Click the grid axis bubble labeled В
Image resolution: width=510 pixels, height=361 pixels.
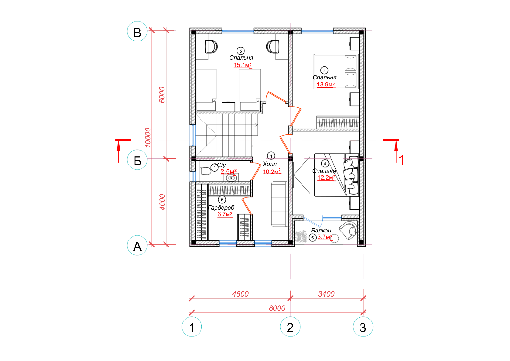coord(137,31)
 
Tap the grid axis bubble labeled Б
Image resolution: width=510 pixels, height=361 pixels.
coord(137,160)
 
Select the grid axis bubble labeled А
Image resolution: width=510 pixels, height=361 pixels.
coord(137,246)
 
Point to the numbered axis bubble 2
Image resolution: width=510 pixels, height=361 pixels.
coord(290,327)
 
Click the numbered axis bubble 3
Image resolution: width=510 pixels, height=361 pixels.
coord(363,327)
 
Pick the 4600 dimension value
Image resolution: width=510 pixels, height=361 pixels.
coord(240,294)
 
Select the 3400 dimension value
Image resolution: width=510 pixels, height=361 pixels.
coord(326,294)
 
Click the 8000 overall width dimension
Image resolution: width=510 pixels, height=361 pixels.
coord(277,308)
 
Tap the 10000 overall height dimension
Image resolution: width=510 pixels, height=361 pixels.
coord(148,137)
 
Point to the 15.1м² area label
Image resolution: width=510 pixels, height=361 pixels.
coord(243,65)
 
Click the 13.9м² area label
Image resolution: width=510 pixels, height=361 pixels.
coord(326,85)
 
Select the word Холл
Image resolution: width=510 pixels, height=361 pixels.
coord(270,164)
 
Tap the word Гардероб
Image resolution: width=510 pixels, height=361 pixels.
coord(221,208)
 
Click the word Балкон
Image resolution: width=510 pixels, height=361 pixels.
coord(321,231)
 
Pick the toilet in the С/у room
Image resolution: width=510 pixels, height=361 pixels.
coord(206,171)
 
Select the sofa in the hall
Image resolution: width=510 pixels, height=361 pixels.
coord(280,204)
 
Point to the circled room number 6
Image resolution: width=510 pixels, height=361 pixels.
coord(222,200)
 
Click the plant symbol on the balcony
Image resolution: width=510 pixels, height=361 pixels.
coord(301,236)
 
